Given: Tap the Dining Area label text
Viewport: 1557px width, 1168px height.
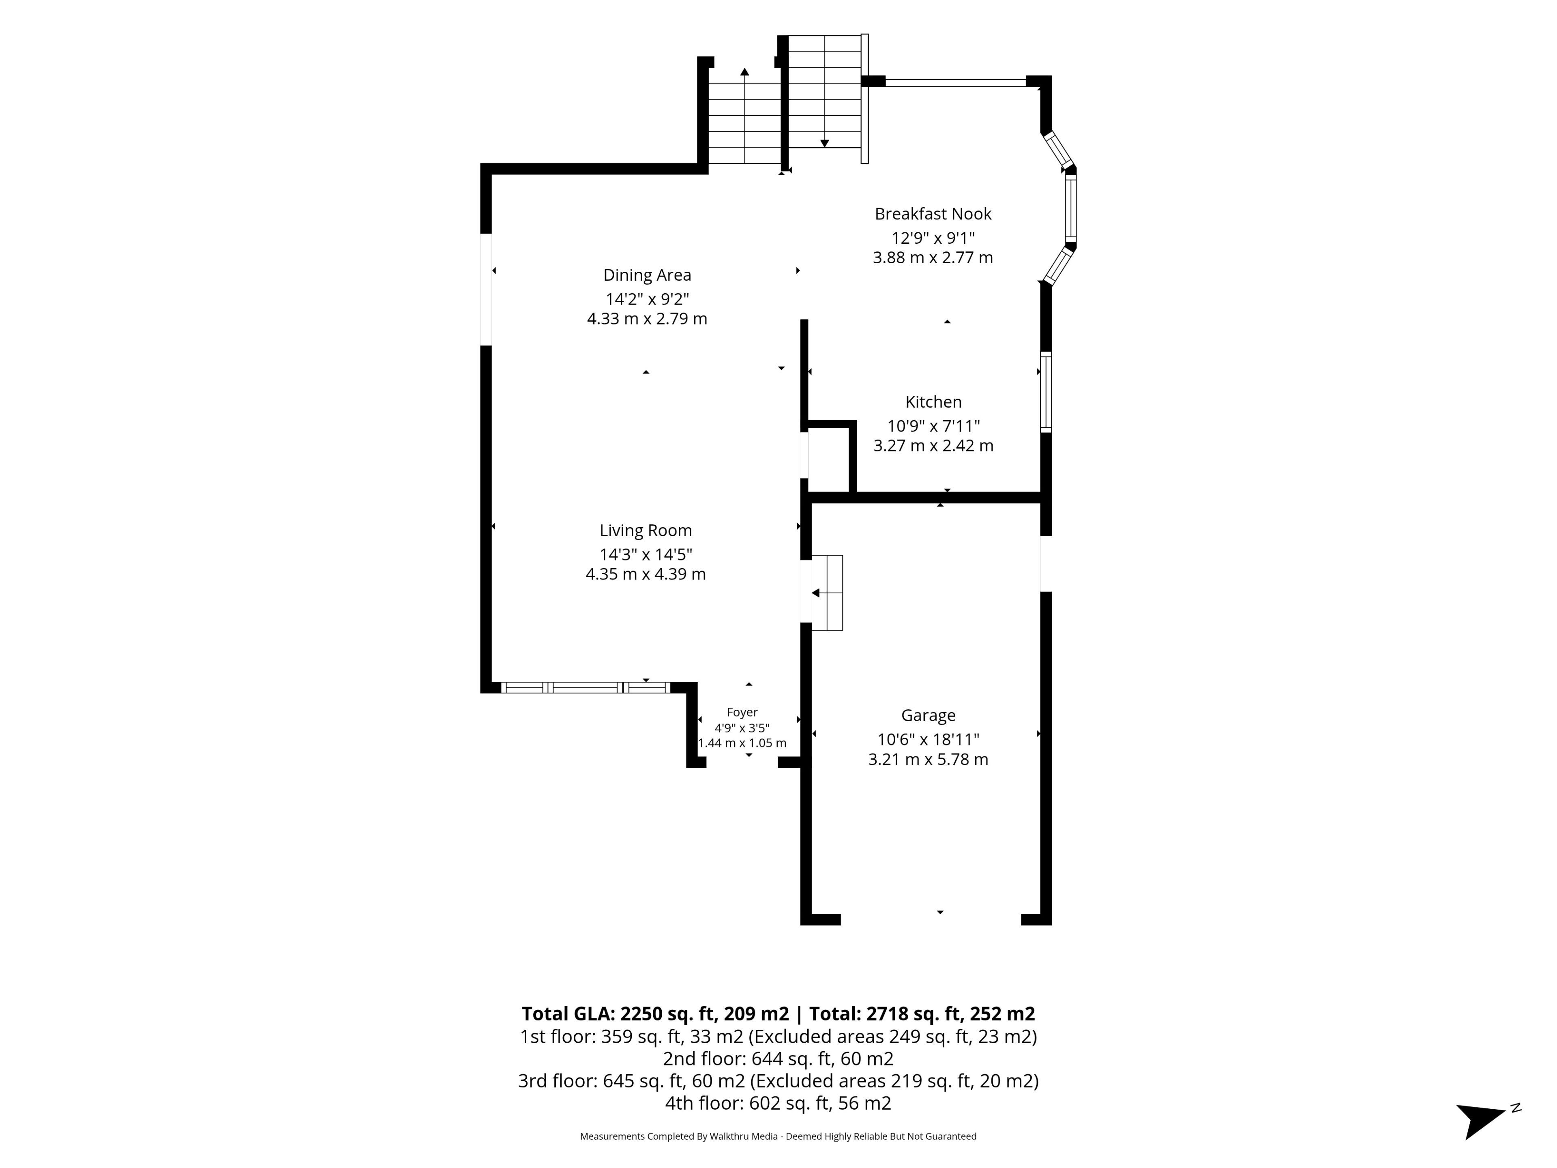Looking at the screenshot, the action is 647,275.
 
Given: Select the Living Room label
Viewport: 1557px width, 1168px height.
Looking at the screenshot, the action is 646,531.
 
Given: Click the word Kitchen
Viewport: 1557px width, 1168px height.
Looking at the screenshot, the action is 933,402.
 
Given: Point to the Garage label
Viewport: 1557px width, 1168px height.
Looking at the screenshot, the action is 929,715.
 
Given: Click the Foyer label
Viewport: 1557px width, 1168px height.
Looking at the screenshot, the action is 742,713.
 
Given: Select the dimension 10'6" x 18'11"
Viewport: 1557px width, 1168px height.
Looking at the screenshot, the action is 929,739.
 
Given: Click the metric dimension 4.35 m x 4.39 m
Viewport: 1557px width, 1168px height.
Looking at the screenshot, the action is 646,575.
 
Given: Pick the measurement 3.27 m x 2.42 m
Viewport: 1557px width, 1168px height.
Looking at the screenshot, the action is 933,446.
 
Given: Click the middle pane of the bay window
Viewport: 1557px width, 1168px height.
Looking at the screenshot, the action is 1070,208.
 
